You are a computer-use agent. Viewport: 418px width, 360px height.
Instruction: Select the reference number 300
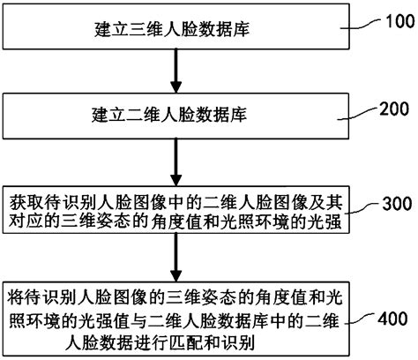[392, 205]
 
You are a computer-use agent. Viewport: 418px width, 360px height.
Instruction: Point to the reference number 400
[392, 316]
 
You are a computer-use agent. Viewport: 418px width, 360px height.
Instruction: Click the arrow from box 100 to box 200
[175, 71]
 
